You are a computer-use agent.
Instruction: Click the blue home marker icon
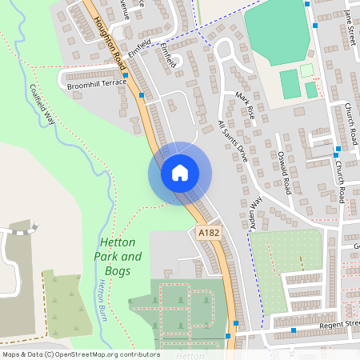pos(179,173)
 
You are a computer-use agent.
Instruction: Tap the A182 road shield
pos(208,232)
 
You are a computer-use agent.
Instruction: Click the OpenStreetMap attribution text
pos(80,354)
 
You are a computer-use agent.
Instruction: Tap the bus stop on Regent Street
pos(294,330)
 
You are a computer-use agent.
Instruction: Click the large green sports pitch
pos(276,36)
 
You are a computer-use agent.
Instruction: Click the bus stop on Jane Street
pos(318,26)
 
